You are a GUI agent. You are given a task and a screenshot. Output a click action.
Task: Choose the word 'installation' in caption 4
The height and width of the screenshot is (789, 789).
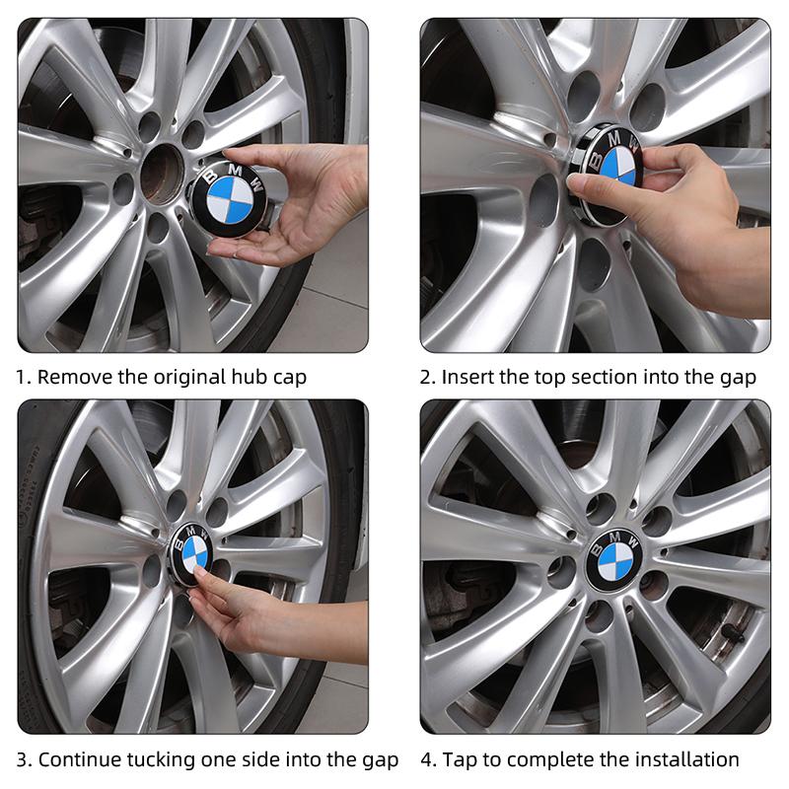click(688, 759)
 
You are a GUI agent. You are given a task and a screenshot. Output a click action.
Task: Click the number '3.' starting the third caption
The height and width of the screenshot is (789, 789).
click(25, 759)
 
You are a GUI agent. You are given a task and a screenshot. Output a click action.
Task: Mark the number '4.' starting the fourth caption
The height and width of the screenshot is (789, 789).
click(429, 759)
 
